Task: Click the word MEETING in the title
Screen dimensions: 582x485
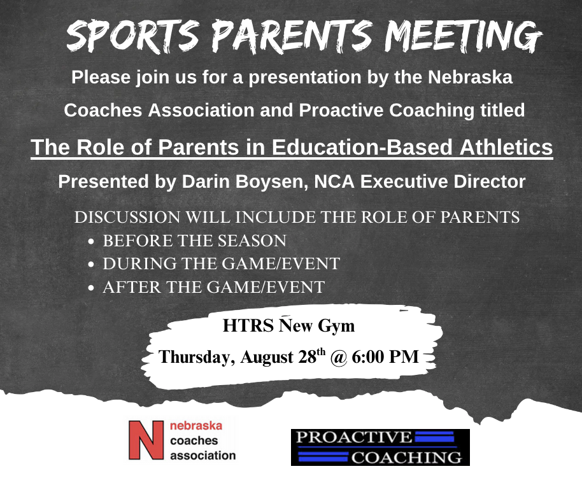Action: click(x=463, y=36)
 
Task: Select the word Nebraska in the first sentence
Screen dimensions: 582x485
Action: click(x=471, y=77)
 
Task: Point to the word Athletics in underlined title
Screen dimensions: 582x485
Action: click(x=506, y=146)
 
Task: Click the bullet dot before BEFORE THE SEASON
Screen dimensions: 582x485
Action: click(x=91, y=242)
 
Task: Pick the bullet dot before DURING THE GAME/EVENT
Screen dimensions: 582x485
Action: click(x=91, y=265)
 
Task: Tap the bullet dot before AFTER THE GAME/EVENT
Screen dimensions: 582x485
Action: click(x=91, y=288)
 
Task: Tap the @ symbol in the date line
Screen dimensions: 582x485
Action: click(x=338, y=357)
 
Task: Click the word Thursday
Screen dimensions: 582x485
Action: click(x=197, y=357)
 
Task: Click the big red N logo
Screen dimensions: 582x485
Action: click(x=146, y=440)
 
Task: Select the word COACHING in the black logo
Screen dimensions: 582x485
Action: click(x=406, y=458)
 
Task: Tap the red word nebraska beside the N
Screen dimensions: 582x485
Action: click(x=196, y=425)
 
